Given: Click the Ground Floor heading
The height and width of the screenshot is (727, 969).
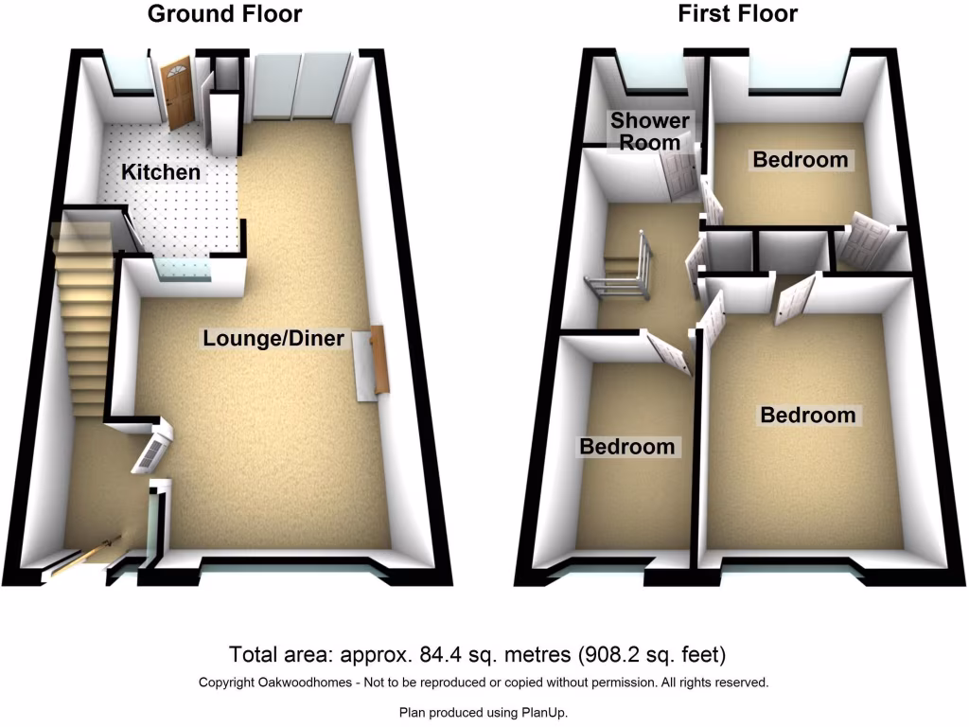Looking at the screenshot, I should tap(225, 14).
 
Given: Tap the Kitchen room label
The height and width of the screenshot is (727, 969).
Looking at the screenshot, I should tap(161, 172).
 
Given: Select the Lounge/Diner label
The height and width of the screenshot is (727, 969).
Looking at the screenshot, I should tap(273, 338).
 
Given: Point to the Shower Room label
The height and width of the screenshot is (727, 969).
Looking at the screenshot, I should tap(649, 132).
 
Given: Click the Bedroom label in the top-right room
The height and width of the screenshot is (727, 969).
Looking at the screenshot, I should tap(800, 160).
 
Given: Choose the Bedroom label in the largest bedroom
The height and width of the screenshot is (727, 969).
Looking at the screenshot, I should tap(808, 415).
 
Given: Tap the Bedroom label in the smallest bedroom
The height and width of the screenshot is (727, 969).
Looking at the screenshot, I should tap(627, 447).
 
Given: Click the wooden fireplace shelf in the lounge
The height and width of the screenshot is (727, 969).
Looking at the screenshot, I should tap(379, 360).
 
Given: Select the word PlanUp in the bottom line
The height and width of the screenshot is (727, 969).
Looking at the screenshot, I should tap(547, 713).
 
